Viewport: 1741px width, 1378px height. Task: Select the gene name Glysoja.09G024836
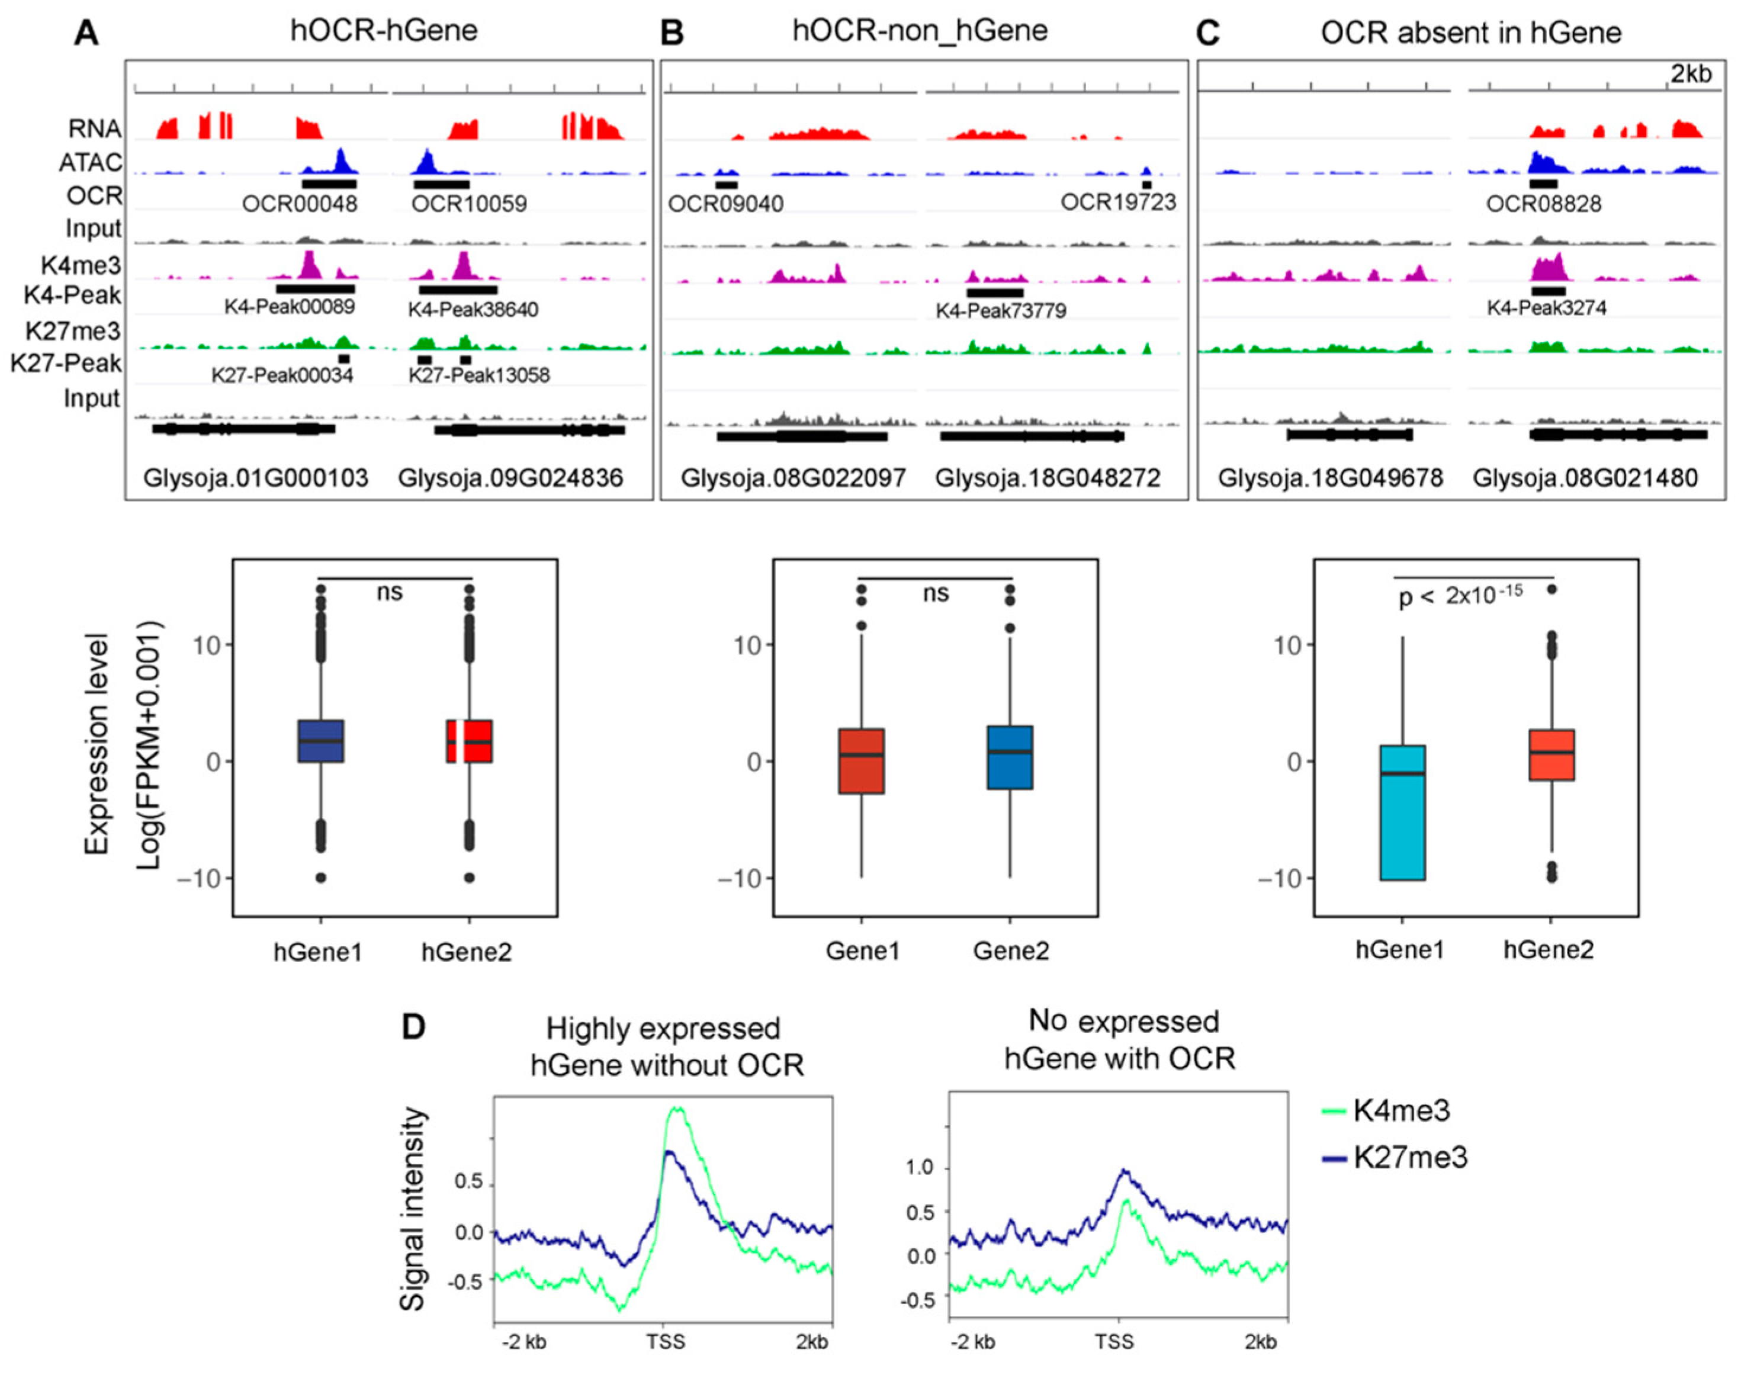coord(510,478)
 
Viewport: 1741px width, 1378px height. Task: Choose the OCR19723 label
coord(1118,202)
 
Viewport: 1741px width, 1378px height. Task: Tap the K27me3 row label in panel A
coord(73,331)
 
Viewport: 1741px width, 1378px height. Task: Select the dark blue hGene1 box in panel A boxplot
coord(320,741)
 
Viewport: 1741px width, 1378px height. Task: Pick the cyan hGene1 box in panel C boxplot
coord(1402,812)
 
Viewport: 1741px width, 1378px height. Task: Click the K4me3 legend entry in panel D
coord(1400,1111)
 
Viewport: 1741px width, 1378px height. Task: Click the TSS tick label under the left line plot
coord(665,1342)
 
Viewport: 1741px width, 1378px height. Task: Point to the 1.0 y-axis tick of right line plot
coord(920,1167)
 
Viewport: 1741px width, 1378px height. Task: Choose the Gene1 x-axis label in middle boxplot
coord(862,951)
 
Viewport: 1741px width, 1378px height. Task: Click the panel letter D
coord(413,1027)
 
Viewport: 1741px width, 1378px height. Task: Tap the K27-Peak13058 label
coord(478,375)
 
